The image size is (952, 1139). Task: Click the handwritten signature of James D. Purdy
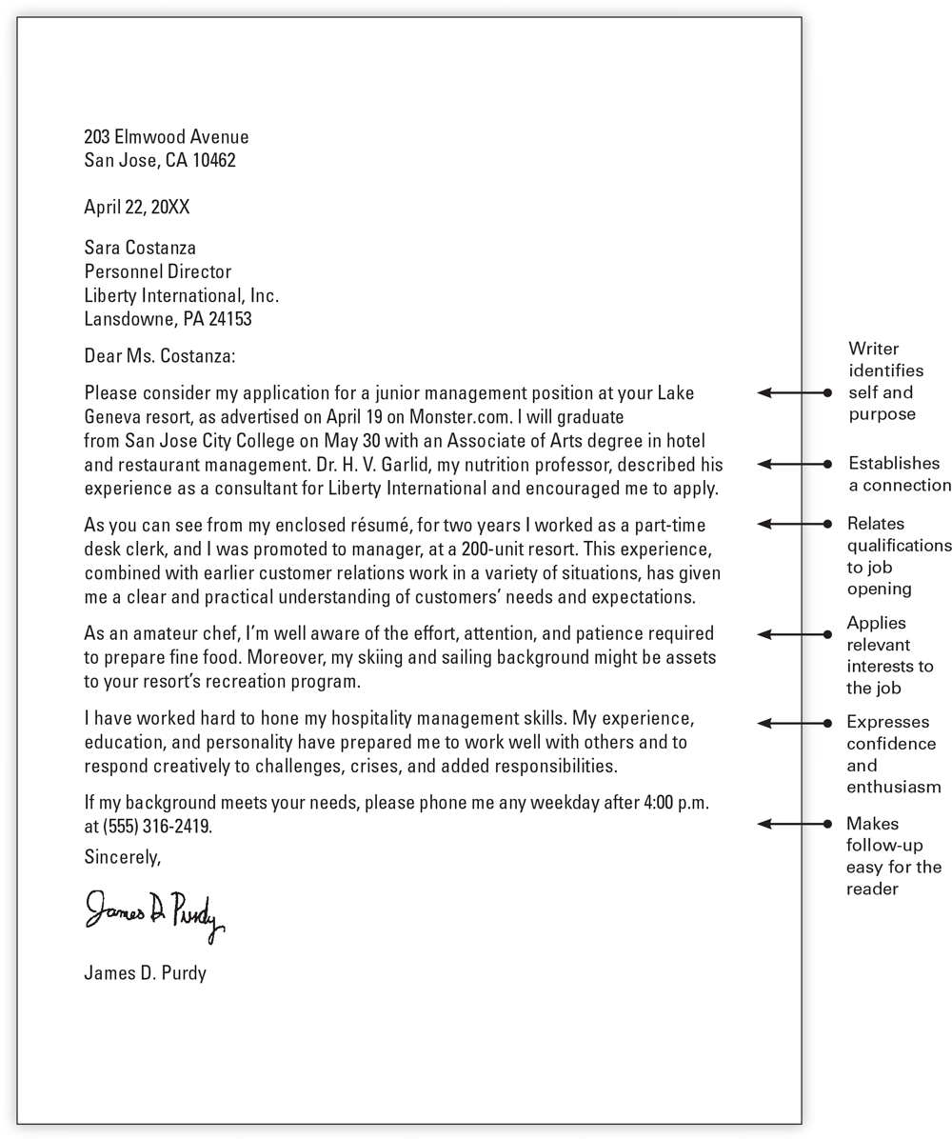[x=154, y=915]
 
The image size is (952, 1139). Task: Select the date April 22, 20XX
[x=137, y=208]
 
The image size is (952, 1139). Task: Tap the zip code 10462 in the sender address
[x=214, y=161]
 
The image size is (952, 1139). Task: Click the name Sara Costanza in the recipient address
[x=140, y=249]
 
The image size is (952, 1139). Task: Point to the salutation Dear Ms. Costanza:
[x=159, y=357]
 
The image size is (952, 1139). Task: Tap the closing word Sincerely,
[x=123, y=857]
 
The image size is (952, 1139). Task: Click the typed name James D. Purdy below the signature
[x=145, y=973]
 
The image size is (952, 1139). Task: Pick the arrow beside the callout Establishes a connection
[x=794, y=464]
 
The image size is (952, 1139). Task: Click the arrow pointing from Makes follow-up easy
[x=794, y=824]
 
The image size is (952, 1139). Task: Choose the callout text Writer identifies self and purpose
[x=885, y=381]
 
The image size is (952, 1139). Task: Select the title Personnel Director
[x=158, y=272]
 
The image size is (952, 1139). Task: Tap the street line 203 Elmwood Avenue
[x=167, y=137]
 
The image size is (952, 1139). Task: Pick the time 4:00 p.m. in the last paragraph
[x=676, y=803]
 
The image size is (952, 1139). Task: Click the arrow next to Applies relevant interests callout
[x=794, y=634]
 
